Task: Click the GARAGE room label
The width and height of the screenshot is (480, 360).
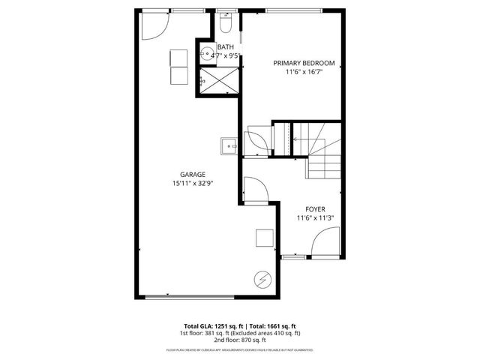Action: point(192,174)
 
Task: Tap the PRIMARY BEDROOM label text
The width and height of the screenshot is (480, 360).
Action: point(304,63)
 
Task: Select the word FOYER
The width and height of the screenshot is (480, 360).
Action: point(315,208)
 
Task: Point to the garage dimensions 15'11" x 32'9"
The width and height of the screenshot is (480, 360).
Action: point(192,184)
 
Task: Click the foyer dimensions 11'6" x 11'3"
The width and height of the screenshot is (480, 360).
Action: point(315,218)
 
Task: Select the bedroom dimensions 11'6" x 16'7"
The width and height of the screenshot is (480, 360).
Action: point(304,73)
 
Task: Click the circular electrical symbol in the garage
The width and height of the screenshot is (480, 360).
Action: point(262,279)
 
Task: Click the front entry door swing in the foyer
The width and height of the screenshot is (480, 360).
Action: point(325,244)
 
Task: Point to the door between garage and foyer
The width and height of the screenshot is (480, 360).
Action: point(253,188)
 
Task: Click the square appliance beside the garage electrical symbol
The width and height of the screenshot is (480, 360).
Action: point(264,237)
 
